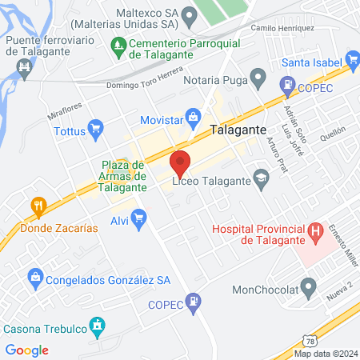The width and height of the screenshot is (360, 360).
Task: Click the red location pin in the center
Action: coord(180,163)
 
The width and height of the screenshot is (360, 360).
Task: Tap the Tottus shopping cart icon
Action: coord(97,126)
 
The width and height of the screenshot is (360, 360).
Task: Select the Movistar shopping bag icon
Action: coord(193,117)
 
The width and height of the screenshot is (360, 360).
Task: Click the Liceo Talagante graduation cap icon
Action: coord(260,178)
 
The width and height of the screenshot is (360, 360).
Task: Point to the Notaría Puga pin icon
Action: coord(258,78)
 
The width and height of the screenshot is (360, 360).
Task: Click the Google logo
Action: coord(26,350)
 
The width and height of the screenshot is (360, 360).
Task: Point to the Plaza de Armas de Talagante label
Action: coord(124,176)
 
